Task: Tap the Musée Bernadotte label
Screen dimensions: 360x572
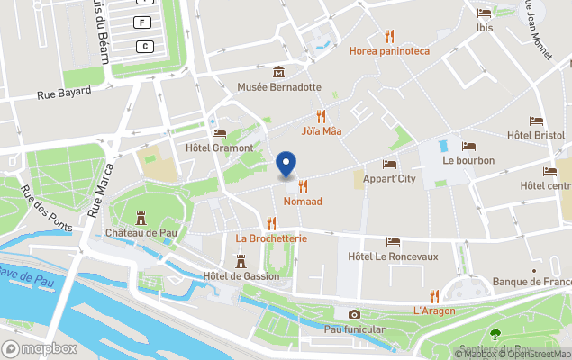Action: (278, 87)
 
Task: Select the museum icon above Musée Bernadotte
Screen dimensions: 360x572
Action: (278, 72)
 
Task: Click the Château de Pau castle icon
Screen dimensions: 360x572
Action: (141, 218)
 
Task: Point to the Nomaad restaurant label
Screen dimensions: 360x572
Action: (303, 202)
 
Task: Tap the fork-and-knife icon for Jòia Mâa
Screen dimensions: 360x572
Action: (321, 116)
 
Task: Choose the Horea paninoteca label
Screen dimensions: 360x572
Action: (389, 51)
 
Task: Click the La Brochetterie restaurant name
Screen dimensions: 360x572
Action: (271, 238)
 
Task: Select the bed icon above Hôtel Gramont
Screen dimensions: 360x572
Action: (219, 133)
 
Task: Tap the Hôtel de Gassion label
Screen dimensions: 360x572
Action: (241, 275)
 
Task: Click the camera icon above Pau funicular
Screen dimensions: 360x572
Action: (354, 314)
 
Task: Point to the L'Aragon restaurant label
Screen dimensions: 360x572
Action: (434, 310)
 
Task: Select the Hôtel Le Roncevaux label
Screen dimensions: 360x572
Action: (393, 256)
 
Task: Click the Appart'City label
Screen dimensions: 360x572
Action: (389, 178)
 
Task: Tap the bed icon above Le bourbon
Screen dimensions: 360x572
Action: (468, 146)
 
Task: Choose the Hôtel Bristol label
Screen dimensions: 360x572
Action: (536, 135)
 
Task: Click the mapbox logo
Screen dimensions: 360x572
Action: (40, 348)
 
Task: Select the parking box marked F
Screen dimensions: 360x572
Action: (141, 22)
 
